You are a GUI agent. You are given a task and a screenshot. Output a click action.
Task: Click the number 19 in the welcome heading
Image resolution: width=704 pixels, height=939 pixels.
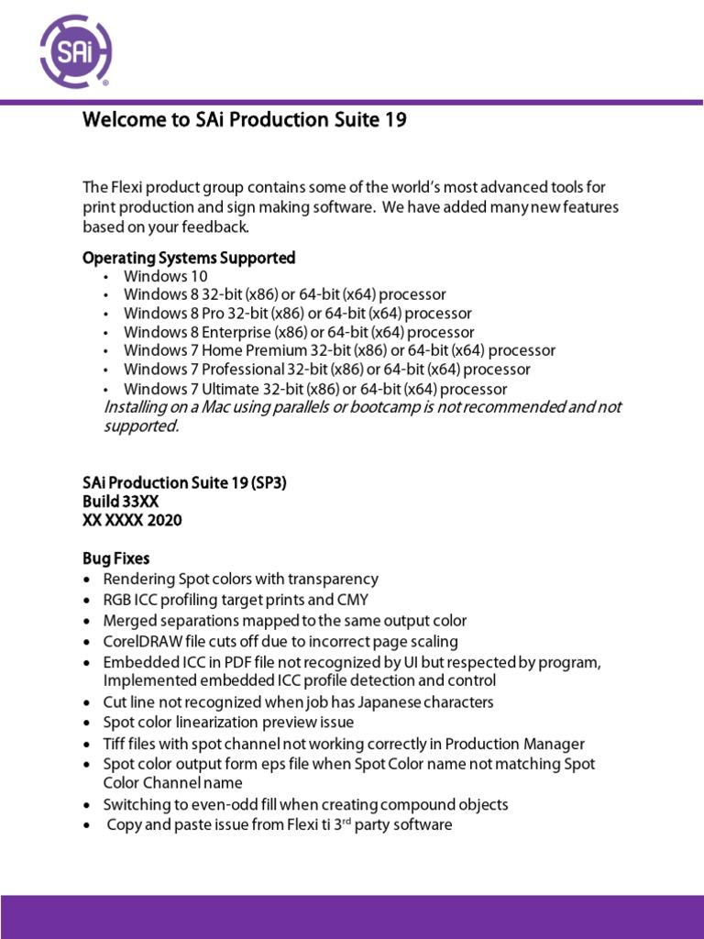tap(394, 120)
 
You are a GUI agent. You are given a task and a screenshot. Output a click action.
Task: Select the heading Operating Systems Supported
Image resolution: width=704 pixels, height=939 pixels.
tap(189, 258)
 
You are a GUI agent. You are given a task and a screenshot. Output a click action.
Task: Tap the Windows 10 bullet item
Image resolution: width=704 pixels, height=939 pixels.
tap(166, 276)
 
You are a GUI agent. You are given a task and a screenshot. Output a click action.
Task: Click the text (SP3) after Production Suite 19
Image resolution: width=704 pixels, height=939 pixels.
tap(265, 483)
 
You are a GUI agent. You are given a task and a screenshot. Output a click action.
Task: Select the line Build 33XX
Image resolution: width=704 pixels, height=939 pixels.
tap(121, 502)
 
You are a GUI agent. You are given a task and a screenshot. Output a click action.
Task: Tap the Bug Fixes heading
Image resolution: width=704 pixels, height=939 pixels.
tap(115, 558)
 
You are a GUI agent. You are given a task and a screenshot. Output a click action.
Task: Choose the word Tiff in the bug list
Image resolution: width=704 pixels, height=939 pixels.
tap(116, 744)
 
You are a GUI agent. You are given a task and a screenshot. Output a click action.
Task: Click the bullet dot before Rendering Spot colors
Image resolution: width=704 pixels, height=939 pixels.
tap(86, 580)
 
